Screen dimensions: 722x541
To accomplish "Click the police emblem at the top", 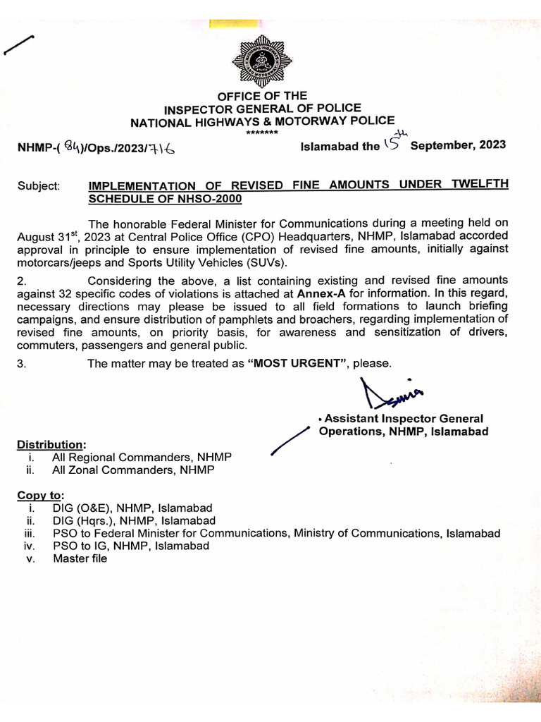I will click(x=261, y=63).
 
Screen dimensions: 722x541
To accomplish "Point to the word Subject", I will click(x=39, y=185).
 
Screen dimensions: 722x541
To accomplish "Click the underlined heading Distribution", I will click(x=51, y=445).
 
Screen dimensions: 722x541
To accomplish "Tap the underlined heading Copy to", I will click(x=40, y=496).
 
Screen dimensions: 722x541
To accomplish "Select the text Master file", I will click(x=80, y=558).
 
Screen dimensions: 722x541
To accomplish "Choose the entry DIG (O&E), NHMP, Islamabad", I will click(x=132, y=508).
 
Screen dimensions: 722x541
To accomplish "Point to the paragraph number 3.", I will click(x=21, y=362).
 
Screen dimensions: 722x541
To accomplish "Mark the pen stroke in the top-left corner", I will click(x=19, y=46).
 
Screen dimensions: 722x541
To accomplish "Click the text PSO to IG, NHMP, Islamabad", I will click(x=131, y=546).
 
